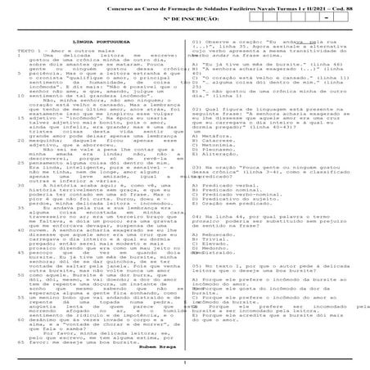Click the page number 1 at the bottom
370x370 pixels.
pyautogui.click(x=185, y=363)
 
